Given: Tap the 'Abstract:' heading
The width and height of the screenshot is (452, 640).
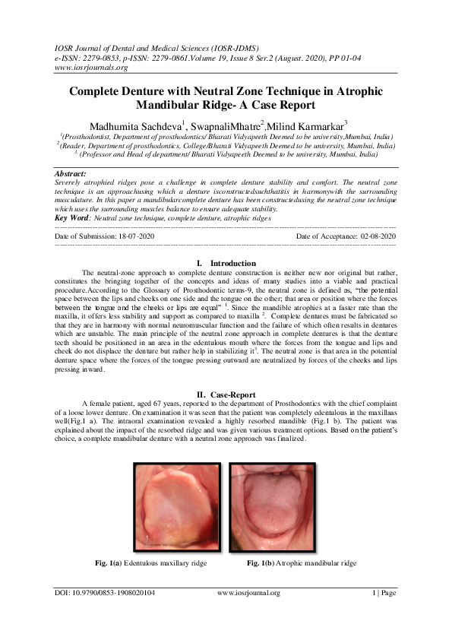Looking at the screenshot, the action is (x=68, y=174).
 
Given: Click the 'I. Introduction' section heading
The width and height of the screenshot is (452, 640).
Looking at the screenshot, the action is (x=226, y=263).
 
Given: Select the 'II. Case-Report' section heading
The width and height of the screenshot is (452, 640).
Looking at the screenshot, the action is (x=226, y=394).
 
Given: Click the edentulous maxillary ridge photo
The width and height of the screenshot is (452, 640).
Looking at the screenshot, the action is (x=178, y=508).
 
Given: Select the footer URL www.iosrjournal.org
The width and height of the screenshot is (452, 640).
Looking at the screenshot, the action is (x=248, y=593).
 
